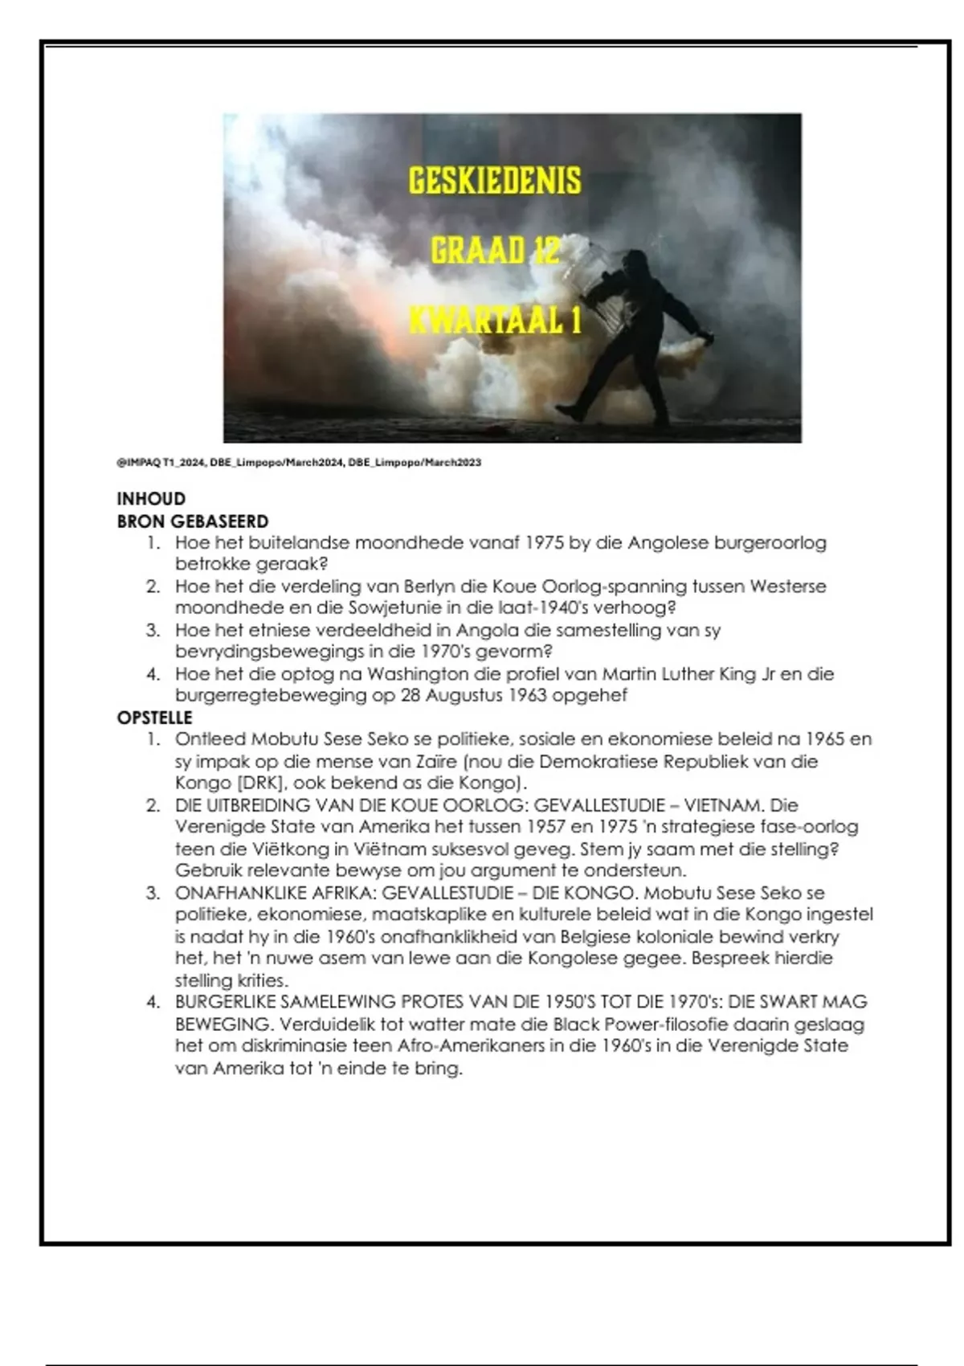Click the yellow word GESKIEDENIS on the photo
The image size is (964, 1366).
point(494,181)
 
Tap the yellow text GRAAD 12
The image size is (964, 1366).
point(494,251)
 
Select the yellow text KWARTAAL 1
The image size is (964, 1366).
point(494,321)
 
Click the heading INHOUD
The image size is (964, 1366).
point(151,499)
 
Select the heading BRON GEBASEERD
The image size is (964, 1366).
point(193,521)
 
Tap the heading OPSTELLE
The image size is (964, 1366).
point(155,718)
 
